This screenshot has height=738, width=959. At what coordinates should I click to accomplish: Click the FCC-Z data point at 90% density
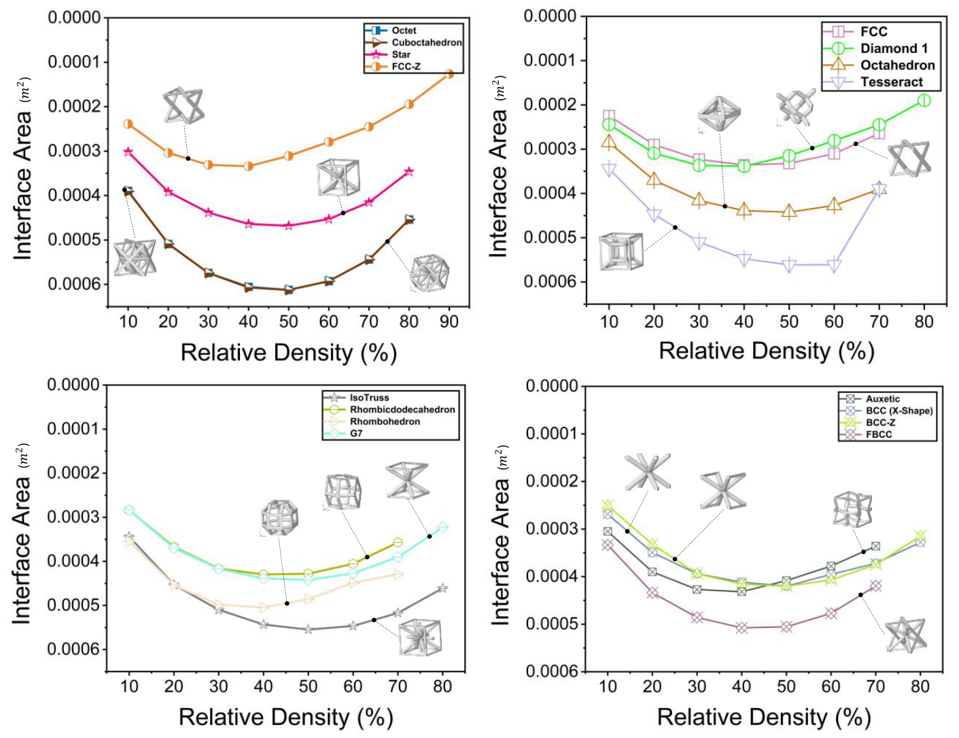[x=449, y=73]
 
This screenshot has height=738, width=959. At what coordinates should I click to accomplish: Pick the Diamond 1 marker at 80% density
[x=924, y=101]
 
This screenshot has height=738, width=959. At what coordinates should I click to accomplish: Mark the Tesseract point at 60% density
[x=834, y=265]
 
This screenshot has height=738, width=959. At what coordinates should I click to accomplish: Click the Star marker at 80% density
[x=409, y=171]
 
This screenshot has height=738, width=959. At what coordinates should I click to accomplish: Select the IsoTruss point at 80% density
[x=442, y=588]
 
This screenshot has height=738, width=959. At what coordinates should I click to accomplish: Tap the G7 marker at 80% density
[x=442, y=527]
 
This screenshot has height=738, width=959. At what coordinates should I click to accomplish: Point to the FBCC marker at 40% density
[x=742, y=627]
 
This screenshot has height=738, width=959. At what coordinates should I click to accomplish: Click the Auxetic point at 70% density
[x=875, y=546]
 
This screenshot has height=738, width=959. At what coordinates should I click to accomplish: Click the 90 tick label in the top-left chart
[x=449, y=321]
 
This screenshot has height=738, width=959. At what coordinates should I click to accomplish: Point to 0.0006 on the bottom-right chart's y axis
[x=553, y=671]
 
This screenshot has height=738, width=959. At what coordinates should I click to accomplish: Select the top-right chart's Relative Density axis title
[x=767, y=351]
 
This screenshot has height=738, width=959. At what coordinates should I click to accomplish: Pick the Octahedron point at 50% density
[x=789, y=211]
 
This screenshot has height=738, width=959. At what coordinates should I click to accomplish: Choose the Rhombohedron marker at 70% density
[x=398, y=574]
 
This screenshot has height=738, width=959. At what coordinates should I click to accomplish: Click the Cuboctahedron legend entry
[x=413, y=42]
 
